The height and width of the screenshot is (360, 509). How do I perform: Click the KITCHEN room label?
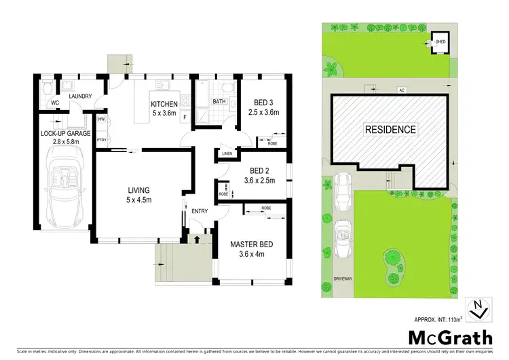(164, 104)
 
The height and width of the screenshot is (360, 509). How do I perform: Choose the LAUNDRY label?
(79, 96)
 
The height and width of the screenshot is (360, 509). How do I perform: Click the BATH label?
(219, 102)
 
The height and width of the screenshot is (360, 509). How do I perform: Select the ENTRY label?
(200, 211)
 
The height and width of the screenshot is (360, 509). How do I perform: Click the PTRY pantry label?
(102, 141)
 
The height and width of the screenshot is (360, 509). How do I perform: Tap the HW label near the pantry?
(102, 120)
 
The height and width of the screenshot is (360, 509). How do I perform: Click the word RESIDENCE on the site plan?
(390, 129)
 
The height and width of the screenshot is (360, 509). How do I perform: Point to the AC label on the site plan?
(400, 90)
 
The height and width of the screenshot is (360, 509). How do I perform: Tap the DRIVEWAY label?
(345, 278)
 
